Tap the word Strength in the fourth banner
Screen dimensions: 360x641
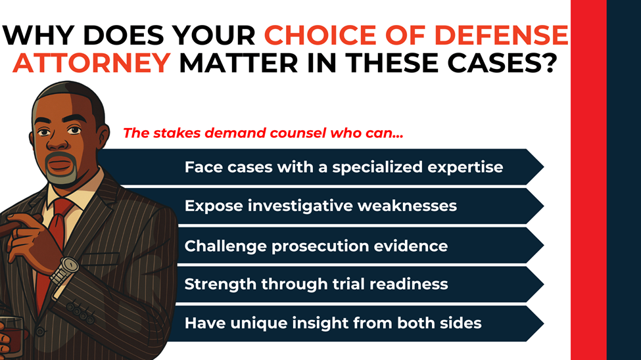(x=216, y=284)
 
